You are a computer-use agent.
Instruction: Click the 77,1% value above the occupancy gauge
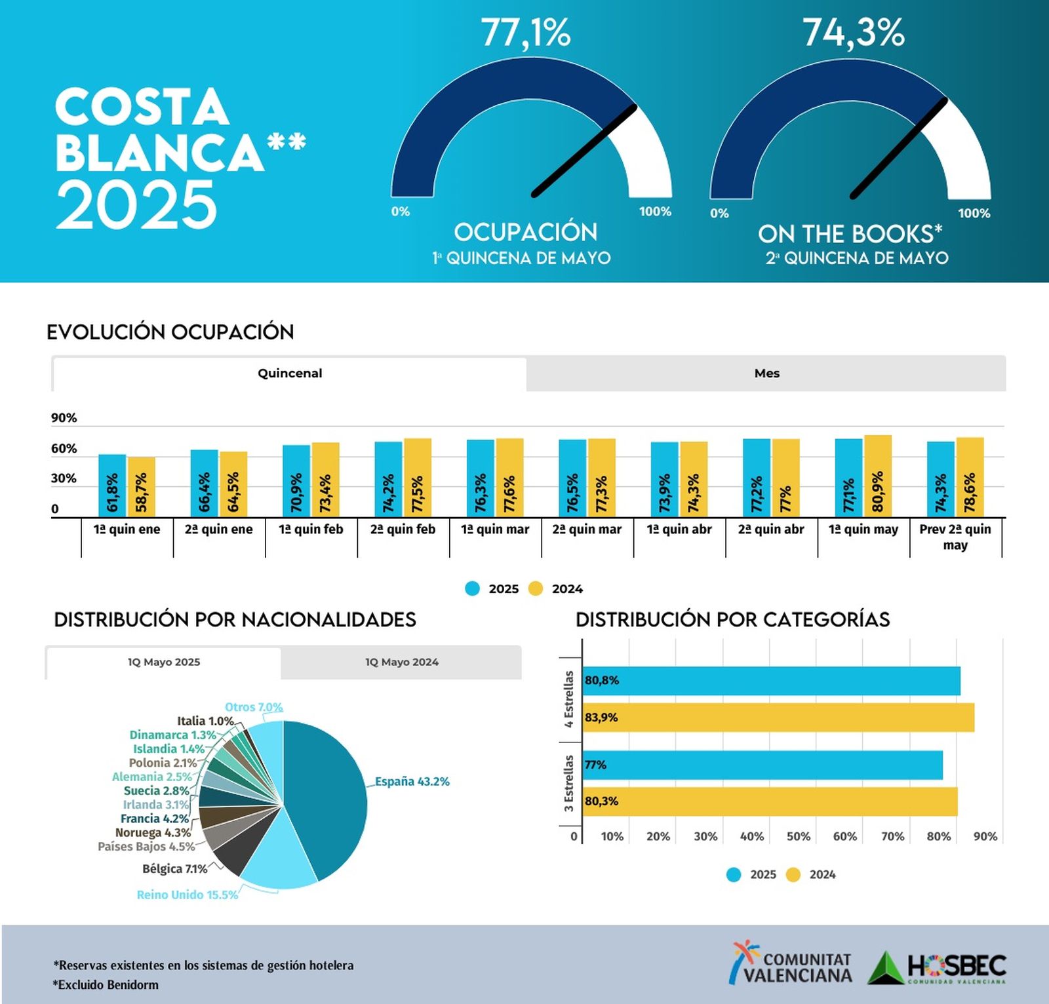point(526,33)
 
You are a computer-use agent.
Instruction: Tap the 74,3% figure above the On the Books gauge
point(854,33)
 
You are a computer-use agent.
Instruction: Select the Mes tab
point(766,374)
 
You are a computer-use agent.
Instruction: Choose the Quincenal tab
point(289,374)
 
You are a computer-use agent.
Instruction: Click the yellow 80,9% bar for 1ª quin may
point(877,476)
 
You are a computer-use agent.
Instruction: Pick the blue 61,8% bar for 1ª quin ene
point(112,486)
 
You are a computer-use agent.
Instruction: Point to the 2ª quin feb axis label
point(403,530)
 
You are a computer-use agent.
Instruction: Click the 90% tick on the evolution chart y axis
point(64,418)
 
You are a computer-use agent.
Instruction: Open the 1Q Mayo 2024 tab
point(401,663)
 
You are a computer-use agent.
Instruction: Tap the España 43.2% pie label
point(412,781)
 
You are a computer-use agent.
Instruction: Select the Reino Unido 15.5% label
point(187,895)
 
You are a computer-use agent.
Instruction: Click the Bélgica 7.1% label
point(174,869)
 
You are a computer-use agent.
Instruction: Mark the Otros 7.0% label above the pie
point(254,707)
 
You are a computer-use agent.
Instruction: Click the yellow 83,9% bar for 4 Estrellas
point(778,718)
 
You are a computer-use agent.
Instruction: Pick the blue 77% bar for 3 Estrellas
point(762,765)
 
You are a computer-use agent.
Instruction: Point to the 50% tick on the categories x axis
point(798,836)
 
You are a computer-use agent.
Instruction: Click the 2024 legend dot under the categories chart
point(793,875)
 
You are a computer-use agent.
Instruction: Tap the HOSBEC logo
point(937,967)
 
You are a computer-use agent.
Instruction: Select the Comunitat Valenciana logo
point(791,963)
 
